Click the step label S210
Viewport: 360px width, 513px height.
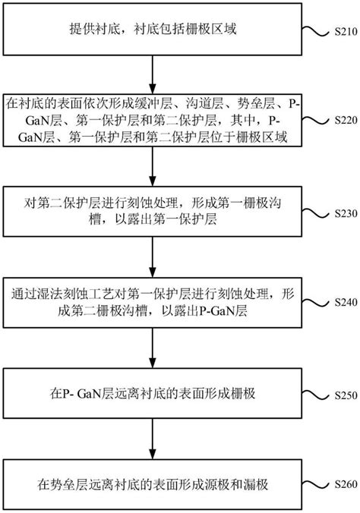click(x=346, y=32)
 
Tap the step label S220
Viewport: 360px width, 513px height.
click(x=346, y=121)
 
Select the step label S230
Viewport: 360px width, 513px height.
click(x=346, y=213)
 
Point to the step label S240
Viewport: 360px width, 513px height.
click(x=346, y=301)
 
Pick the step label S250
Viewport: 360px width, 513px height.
click(x=346, y=395)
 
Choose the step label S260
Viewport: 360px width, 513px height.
click(x=346, y=484)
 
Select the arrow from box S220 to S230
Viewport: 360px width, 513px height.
click(x=153, y=166)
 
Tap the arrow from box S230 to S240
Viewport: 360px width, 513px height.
click(x=153, y=256)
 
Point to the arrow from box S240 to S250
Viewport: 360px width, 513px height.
click(x=153, y=348)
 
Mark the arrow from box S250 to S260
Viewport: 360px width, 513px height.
click(x=153, y=439)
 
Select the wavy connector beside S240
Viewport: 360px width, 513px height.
click(x=317, y=301)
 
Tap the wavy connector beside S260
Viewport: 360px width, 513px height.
click(x=317, y=483)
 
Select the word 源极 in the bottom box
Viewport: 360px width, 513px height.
click(x=217, y=484)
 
